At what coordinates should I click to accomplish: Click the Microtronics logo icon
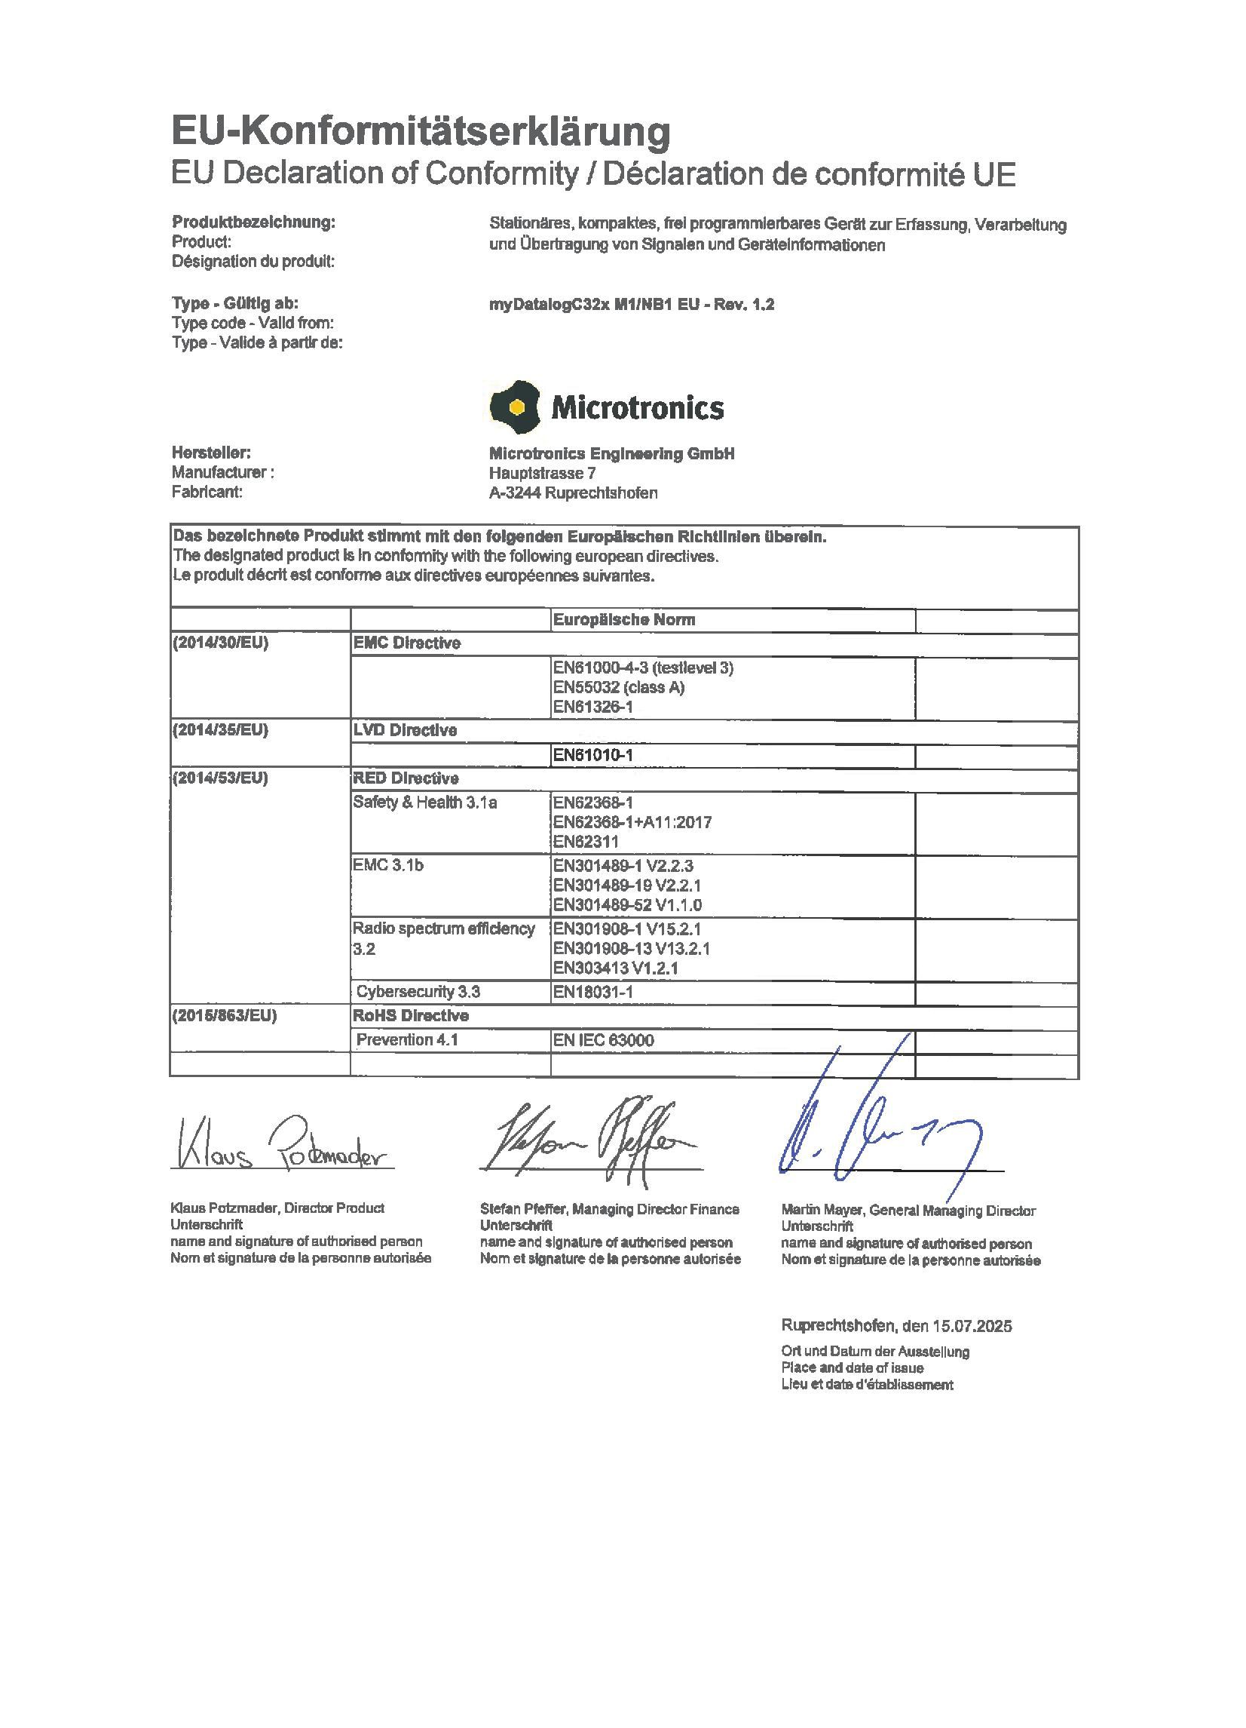pos(515,406)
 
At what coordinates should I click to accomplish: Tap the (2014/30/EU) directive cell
pos(221,643)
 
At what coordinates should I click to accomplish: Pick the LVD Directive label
pos(405,731)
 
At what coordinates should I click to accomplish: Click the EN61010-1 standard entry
pos(593,756)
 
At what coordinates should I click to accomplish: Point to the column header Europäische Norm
pos(624,620)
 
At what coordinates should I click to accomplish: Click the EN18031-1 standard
pos(593,992)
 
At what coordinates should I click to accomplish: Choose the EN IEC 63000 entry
pos(603,1041)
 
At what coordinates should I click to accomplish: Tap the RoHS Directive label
pos(411,1017)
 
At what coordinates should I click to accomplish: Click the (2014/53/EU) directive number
pos(221,778)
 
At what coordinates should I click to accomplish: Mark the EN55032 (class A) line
pos(618,688)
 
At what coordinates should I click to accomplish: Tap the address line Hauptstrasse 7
pos(542,474)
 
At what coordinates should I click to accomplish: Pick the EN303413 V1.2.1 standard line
pos(615,968)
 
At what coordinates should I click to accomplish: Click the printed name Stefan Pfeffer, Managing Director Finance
pos(609,1209)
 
